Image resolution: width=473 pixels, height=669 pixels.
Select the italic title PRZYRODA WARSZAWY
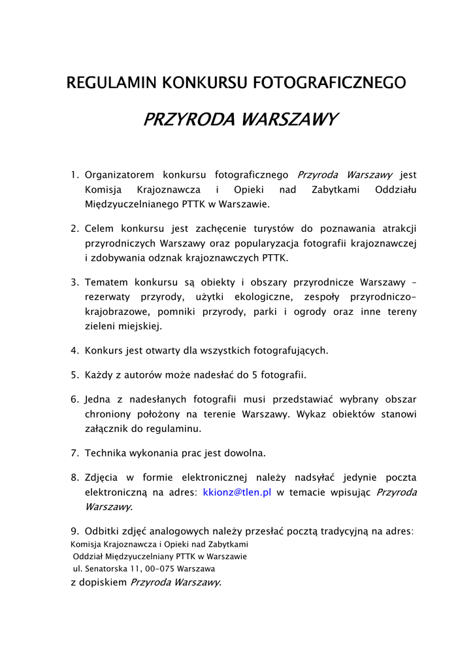(240, 120)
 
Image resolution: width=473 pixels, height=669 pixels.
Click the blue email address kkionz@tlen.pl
(237, 493)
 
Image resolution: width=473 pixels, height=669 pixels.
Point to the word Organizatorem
(120, 175)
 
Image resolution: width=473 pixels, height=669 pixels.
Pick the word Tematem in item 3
(106, 282)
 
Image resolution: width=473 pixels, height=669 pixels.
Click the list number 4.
(74, 350)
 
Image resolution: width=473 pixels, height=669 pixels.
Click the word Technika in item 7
(105, 452)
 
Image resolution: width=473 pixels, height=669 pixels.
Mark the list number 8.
(74, 477)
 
